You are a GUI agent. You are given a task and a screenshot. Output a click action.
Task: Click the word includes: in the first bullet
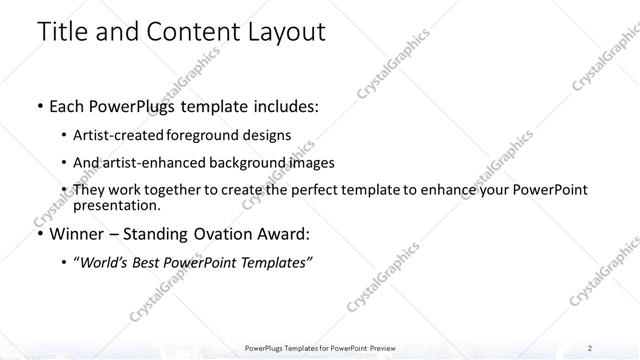[284, 107]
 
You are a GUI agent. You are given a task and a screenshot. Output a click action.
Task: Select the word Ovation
[219, 235]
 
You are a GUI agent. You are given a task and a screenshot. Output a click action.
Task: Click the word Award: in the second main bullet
[280, 235]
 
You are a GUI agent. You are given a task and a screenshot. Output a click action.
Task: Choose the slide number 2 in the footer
[591, 348]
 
